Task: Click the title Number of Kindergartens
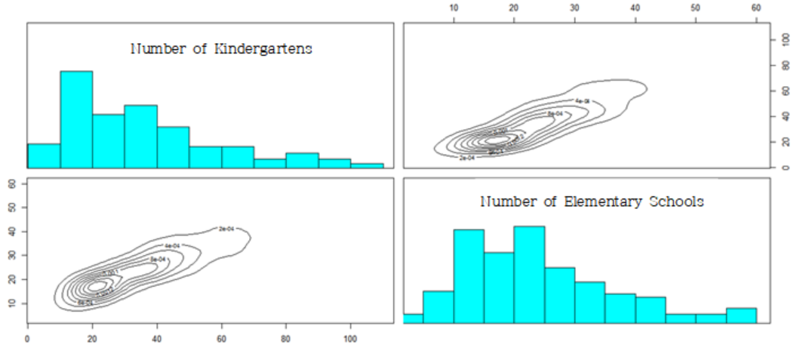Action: coord(222,49)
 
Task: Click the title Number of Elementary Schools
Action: coord(592,202)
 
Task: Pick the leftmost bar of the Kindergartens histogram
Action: coord(44,155)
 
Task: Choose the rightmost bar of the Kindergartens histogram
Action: coord(367,165)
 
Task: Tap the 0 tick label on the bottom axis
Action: coord(28,339)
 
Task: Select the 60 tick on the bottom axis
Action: coord(222,339)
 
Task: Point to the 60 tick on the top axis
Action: coord(756,8)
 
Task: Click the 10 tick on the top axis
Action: coord(454,8)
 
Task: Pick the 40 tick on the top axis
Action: coord(635,8)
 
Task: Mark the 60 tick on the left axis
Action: coord(11,183)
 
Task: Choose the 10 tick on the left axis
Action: coord(11,303)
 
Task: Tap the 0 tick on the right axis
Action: coord(785,167)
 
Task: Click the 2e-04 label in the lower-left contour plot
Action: coord(226,228)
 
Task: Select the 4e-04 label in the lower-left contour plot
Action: coord(172,246)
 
